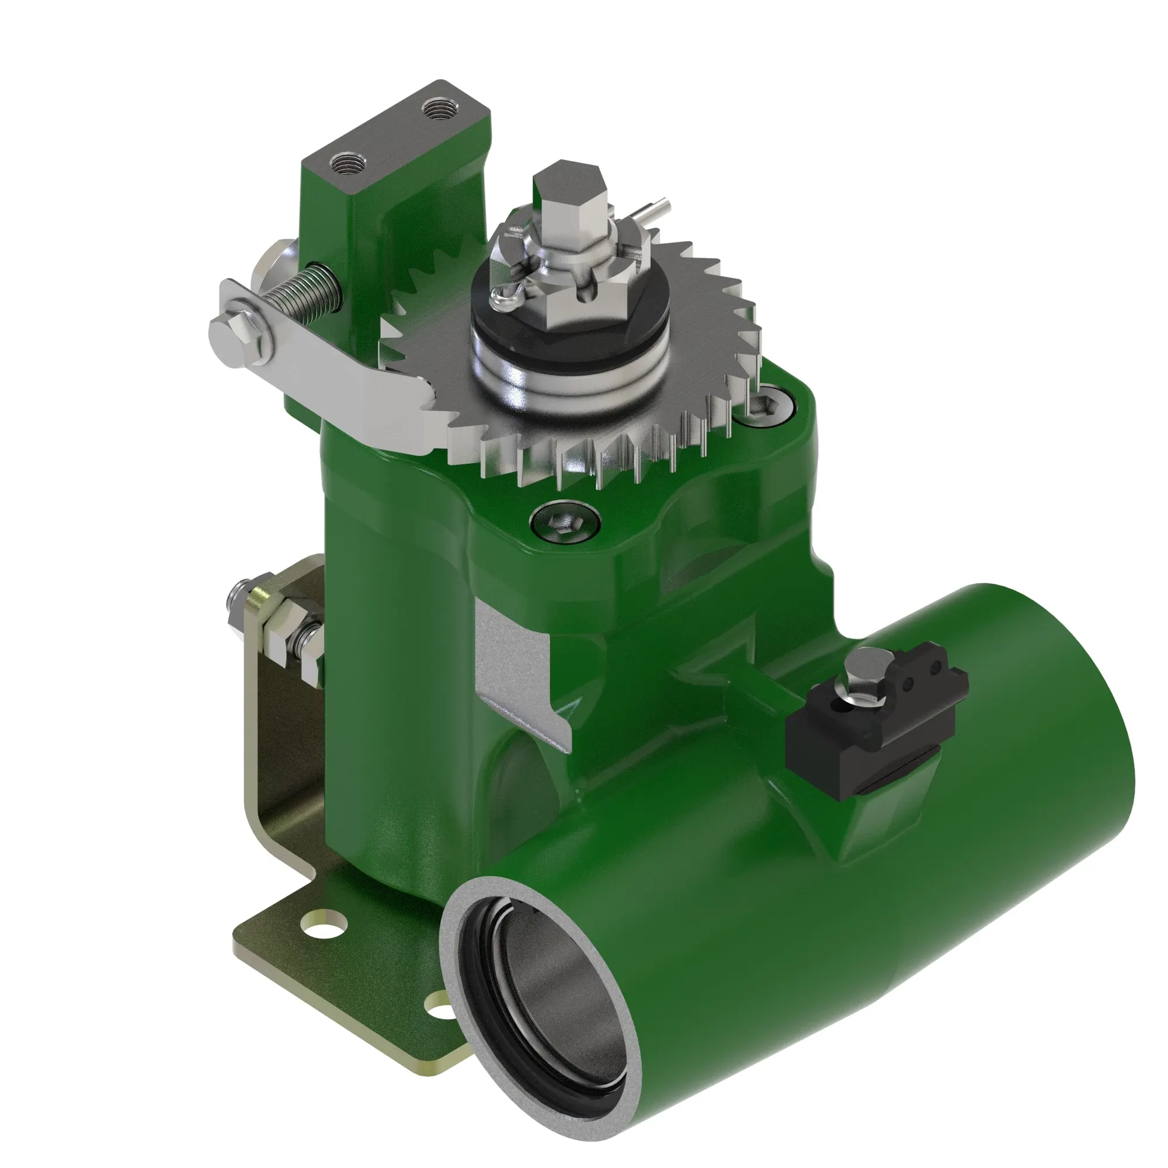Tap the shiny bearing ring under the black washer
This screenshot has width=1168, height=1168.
click(568, 387)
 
